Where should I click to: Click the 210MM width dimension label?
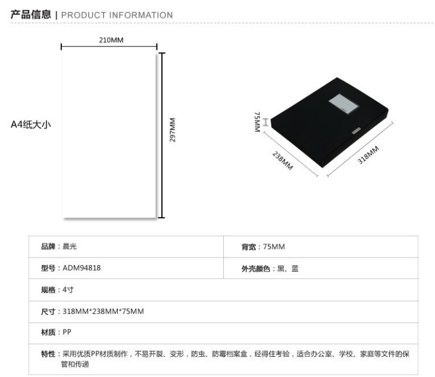[111, 40]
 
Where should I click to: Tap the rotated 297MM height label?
[173, 130]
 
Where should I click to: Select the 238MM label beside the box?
[283, 161]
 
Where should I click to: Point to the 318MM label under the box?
[368, 155]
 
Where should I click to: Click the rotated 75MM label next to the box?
[258, 122]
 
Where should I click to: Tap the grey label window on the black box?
[344, 103]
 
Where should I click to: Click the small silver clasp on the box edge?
[356, 131]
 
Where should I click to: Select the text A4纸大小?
[31, 124]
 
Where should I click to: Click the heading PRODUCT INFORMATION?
[117, 15]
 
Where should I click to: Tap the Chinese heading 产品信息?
[31, 14]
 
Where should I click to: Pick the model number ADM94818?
[82, 268]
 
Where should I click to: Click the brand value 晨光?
[70, 246]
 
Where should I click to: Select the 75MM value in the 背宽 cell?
[274, 246]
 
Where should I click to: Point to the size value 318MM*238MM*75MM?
[103, 312]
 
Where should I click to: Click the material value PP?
[67, 332]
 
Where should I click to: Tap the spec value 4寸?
[68, 290]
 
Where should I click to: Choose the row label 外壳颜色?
[256, 269]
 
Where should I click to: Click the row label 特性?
[48, 354]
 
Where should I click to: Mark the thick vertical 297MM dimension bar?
[162, 135]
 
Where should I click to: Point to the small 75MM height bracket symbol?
[266, 122]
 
